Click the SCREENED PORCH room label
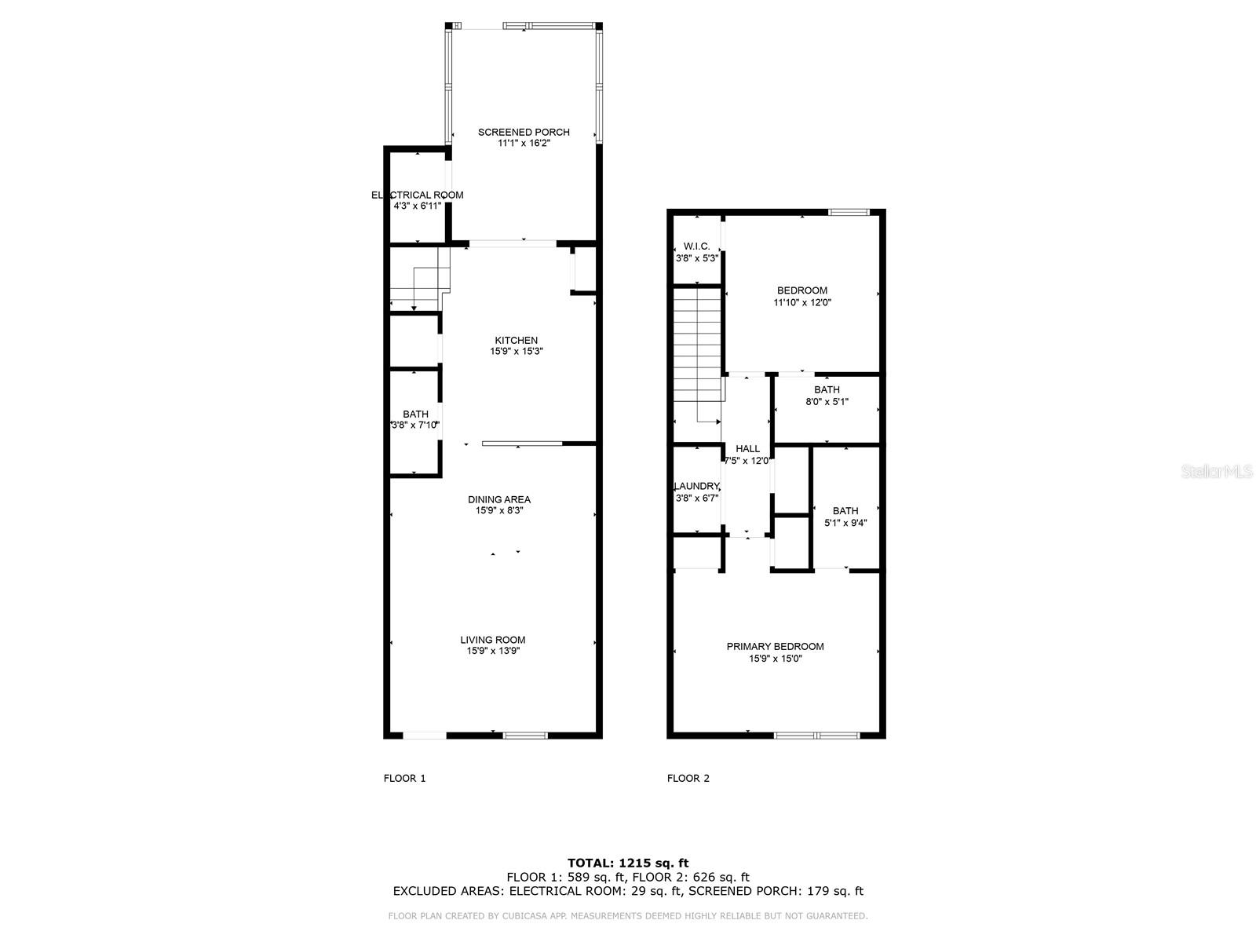[x=524, y=132]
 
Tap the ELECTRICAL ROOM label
[x=417, y=195]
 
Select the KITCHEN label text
[x=516, y=340]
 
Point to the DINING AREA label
[x=498, y=499]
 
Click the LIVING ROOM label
[x=493, y=640]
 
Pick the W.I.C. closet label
[x=696, y=246]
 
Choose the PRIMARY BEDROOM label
[x=775, y=647]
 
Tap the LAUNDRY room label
[x=696, y=486]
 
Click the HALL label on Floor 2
[x=747, y=449]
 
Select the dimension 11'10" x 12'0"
[x=802, y=302]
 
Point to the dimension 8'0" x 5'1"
[x=827, y=402]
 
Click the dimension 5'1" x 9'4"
[x=845, y=523]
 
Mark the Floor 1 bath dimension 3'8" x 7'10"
[x=415, y=425]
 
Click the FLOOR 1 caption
[x=404, y=779]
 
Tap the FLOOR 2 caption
[x=688, y=779]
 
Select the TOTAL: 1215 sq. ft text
[x=628, y=863]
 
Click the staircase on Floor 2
[x=697, y=345]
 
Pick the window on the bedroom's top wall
[x=849, y=212]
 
